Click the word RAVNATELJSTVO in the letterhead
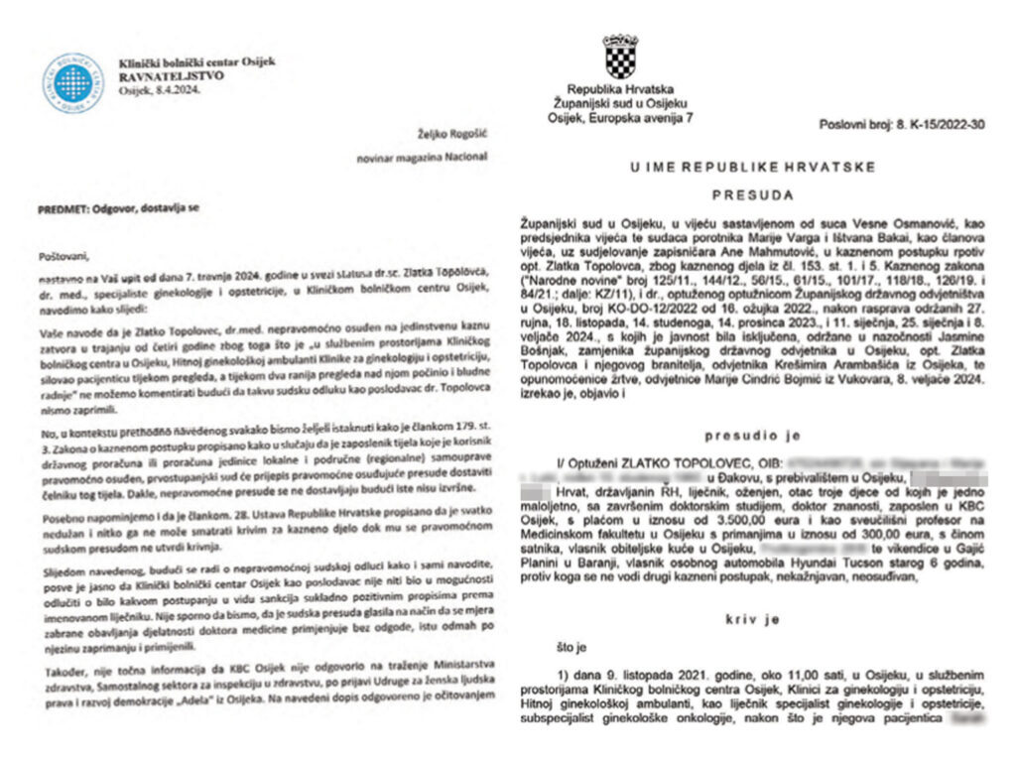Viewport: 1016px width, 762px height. tap(171, 74)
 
